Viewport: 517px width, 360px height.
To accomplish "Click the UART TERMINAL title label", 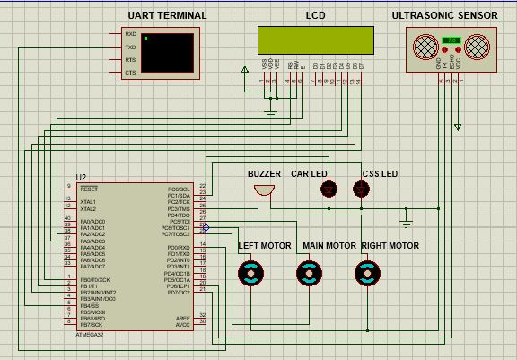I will pyautogui.click(x=166, y=15).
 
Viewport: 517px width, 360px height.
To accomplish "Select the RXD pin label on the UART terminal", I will pyautogui.click(x=131, y=34).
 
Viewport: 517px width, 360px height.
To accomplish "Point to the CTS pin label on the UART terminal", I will pyautogui.click(x=131, y=72).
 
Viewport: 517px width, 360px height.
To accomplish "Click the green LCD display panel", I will pyautogui.click(x=316, y=40).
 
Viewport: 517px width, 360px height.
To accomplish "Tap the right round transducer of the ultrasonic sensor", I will pyautogui.click(x=479, y=45).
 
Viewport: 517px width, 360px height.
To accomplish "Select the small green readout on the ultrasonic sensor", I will pyautogui.click(x=451, y=40).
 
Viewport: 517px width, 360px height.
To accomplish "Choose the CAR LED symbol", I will pyautogui.click(x=329, y=189).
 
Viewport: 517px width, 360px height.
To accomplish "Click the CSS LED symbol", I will pyautogui.click(x=361, y=189).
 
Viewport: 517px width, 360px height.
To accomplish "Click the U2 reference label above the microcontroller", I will pyautogui.click(x=82, y=177).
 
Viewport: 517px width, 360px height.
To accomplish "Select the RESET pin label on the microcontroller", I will pyautogui.click(x=89, y=189).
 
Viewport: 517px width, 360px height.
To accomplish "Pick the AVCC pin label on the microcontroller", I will pyautogui.click(x=182, y=323).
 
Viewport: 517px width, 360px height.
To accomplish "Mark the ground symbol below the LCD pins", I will pyautogui.click(x=272, y=111).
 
